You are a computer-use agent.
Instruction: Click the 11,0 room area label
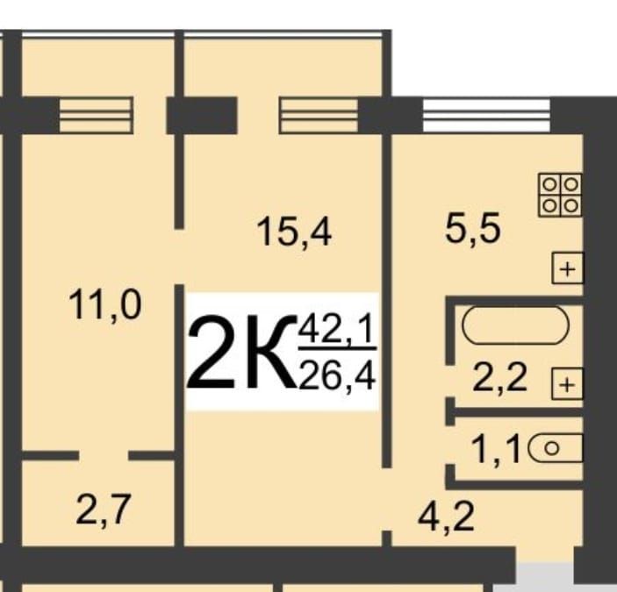click(x=105, y=308)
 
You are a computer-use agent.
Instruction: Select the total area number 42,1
click(x=337, y=331)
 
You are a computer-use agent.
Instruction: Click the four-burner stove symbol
click(x=560, y=194)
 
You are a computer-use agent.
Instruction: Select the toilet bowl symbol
click(x=556, y=449)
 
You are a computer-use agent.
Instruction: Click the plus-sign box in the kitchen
click(x=568, y=268)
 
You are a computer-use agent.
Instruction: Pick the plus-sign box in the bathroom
click(x=566, y=383)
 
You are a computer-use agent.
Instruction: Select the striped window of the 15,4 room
click(x=318, y=114)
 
